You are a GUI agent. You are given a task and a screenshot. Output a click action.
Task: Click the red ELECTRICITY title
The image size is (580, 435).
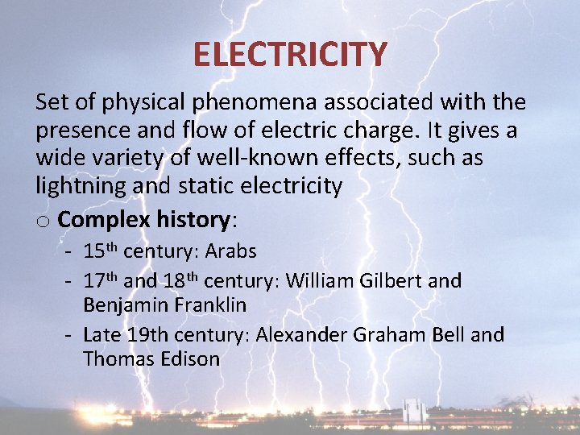290,55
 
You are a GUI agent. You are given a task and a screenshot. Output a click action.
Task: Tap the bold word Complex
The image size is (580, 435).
103,219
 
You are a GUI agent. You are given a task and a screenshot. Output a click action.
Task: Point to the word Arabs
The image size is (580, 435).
230,251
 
